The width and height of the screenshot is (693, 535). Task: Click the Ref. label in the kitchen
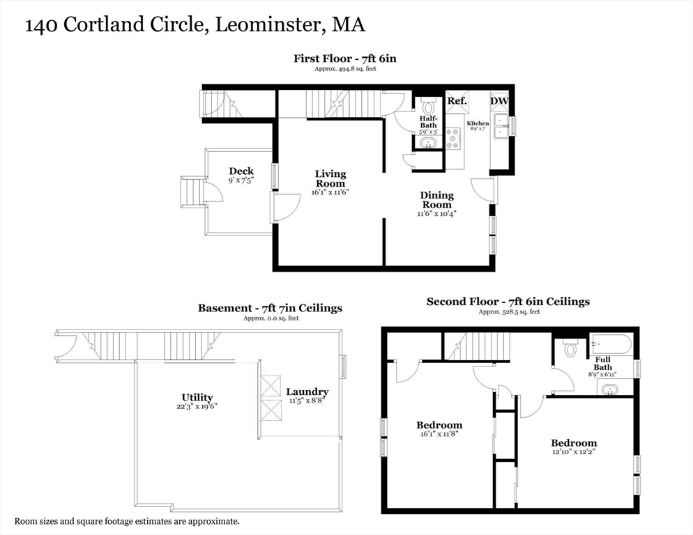[x=457, y=101]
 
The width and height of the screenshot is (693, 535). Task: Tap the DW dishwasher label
[x=499, y=101]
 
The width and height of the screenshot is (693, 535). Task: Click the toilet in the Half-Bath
[x=428, y=106]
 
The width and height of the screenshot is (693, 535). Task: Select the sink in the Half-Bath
[x=428, y=143]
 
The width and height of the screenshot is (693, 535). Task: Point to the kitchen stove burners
[x=453, y=138]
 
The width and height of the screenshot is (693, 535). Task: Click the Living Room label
[x=330, y=178]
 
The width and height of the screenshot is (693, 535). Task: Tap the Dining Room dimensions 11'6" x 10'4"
[x=436, y=214]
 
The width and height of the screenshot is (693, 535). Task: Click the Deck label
[x=241, y=171]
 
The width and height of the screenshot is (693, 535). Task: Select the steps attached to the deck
[x=192, y=192]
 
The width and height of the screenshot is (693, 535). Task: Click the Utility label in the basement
[x=197, y=397]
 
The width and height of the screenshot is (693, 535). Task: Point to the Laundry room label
[x=307, y=392]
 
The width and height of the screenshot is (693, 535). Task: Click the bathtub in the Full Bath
[x=610, y=344]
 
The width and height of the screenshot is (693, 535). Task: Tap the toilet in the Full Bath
[x=570, y=347]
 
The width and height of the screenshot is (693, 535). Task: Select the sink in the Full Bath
[x=610, y=389]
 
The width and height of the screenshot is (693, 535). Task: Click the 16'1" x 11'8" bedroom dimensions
[x=439, y=434]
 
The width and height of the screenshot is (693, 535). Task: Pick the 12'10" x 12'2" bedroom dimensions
[x=574, y=452]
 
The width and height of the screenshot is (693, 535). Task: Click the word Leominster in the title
[x=268, y=25]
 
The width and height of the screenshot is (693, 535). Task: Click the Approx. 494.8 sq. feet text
[x=345, y=69]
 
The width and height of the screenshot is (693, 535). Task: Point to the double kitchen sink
[x=502, y=126]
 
